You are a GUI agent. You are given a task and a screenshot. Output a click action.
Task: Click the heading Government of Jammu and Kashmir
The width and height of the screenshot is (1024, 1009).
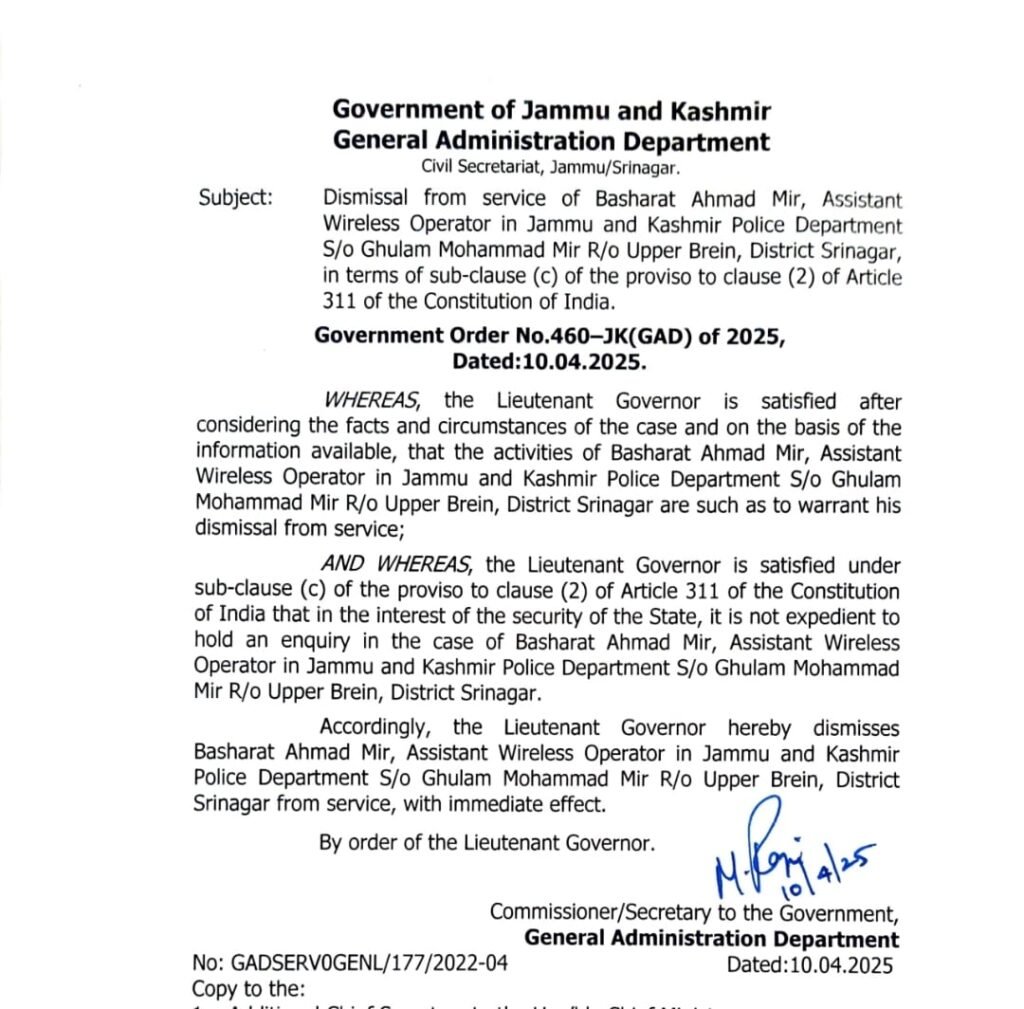tap(551, 111)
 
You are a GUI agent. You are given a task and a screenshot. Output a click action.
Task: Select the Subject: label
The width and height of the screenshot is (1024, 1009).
tap(235, 197)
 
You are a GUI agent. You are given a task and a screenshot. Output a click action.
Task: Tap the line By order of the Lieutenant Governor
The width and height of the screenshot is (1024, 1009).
tap(487, 843)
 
